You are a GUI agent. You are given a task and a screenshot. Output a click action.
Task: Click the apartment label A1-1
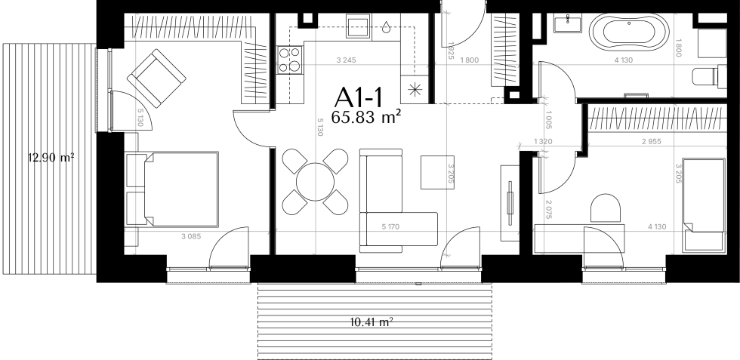click(x=358, y=97)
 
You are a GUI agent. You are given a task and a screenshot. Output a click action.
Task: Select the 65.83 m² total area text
click(x=365, y=117)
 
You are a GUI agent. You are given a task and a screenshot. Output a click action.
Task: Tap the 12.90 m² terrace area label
click(x=51, y=158)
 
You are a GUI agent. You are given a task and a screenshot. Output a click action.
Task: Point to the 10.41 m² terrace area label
click(x=372, y=322)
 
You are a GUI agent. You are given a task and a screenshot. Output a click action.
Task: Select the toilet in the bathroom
click(x=709, y=76)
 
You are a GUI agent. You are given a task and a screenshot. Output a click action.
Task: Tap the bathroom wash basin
click(x=567, y=23)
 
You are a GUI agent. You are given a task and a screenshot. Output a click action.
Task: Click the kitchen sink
click(x=359, y=26)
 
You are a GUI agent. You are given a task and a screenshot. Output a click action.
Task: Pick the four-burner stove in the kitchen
click(x=289, y=60)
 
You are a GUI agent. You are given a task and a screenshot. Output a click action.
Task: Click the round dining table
click(x=315, y=182)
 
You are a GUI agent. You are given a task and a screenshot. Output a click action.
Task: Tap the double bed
click(x=172, y=189)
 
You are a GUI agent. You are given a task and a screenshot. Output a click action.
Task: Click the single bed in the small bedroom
click(x=704, y=205)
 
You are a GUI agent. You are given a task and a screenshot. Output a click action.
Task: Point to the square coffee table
click(x=437, y=172)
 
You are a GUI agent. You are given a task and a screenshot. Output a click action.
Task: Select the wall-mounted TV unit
click(x=510, y=203)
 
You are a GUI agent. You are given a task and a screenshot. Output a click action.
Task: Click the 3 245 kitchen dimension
click(x=346, y=60)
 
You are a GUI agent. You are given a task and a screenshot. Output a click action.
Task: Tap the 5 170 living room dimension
click(x=390, y=227)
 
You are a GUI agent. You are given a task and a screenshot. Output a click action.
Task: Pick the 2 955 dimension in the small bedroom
click(x=651, y=141)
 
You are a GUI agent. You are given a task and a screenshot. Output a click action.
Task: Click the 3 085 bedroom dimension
click(x=190, y=236)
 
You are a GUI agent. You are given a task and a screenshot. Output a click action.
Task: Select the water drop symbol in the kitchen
click(x=387, y=27)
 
